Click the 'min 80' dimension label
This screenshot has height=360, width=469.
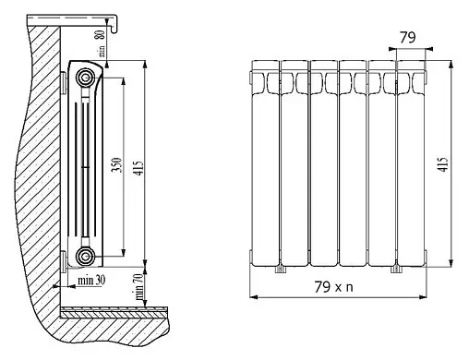tap(102, 43)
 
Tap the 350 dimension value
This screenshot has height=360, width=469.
tap(116, 165)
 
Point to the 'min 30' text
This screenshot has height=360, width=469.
tap(91, 281)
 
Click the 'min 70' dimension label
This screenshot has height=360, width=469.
tap(138, 287)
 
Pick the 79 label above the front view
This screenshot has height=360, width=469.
tap(407, 38)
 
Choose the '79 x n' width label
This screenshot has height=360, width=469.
tap(333, 287)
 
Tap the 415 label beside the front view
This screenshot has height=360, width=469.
tap(443, 164)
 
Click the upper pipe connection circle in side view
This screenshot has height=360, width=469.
tap(85, 77)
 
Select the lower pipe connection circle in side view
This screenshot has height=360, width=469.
tap(85, 256)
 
